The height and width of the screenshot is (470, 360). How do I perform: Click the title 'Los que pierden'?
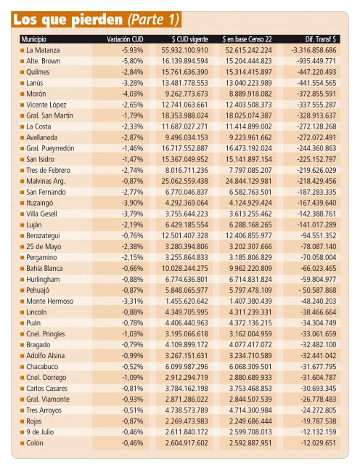pyautogui.click(x=68, y=20)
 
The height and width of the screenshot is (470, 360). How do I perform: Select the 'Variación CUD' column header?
pyautogui.click(x=125, y=39)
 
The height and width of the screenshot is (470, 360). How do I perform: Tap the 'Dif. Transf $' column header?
pyautogui.click(x=321, y=39)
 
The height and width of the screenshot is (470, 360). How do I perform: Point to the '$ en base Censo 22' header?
pyautogui.click(x=247, y=39)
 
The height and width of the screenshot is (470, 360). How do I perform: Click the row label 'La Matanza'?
pyautogui.click(x=43, y=50)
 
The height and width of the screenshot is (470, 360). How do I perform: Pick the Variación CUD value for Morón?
pyautogui.click(x=132, y=94)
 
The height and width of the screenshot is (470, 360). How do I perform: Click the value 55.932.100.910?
pyautogui.click(x=184, y=50)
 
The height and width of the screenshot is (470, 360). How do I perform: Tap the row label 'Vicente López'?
pyautogui.click(x=46, y=105)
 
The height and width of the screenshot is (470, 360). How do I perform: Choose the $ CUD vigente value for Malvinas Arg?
pyautogui.click(x=184, y=181)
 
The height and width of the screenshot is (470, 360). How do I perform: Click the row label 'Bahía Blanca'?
pyautogui.click(x=44, y=268)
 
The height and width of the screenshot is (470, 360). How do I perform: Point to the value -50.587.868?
pyautogui.click(x=317, y=290)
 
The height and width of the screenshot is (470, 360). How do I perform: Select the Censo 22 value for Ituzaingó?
pyautogui.click(x=250, y=203)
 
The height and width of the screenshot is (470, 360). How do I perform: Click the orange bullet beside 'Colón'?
pyautogui.click(x=22, y=443)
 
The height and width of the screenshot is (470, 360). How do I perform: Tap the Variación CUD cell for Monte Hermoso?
pyautogui.click(x=132, y=301)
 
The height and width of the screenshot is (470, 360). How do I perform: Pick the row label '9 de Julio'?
pyautogui.click(x=40, y=432)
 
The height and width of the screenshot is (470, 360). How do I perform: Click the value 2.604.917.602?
pyautogui.click(x=187, y=443)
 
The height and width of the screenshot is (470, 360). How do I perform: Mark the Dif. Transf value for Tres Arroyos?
pyautogui.click(x=319, y=410)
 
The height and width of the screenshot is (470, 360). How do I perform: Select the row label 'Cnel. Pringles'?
pyautogui.click(x=45, y=334)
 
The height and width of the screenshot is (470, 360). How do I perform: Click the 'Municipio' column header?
pyautogui.click(x=33, y=39)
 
